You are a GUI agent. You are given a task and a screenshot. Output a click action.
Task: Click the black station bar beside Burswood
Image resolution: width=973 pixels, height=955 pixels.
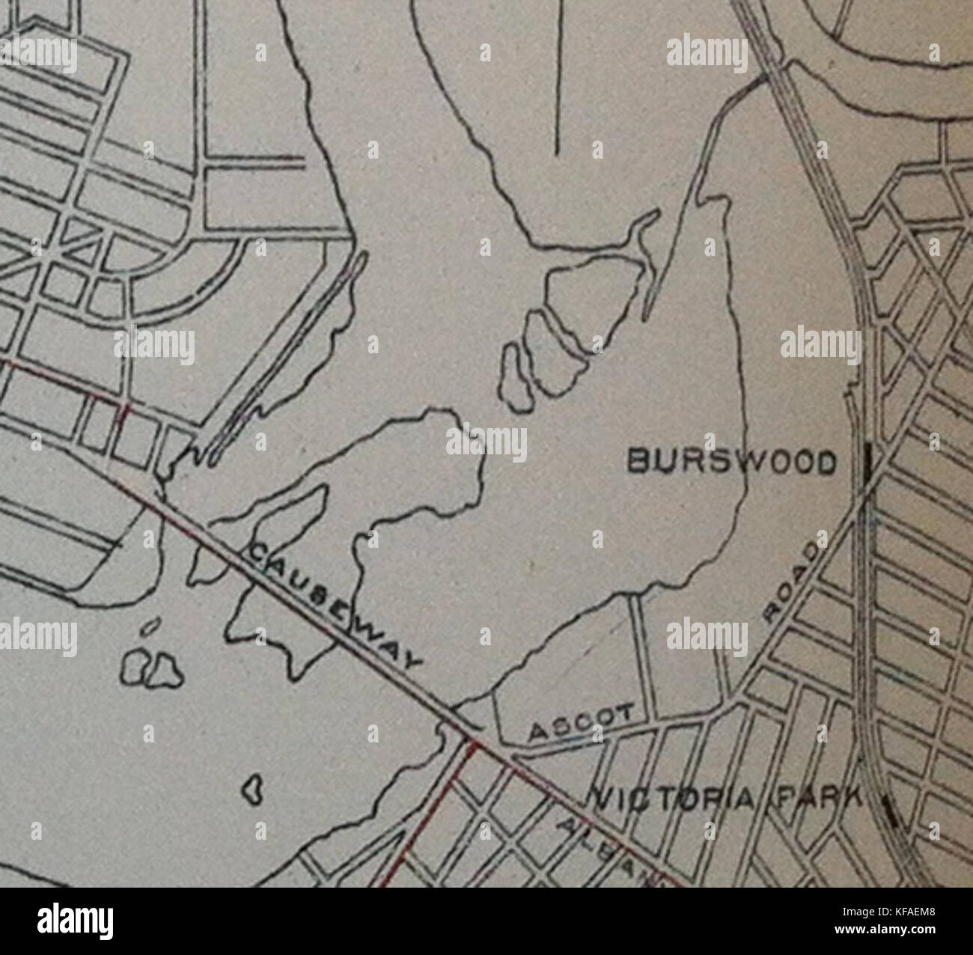[x=867, y=464]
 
